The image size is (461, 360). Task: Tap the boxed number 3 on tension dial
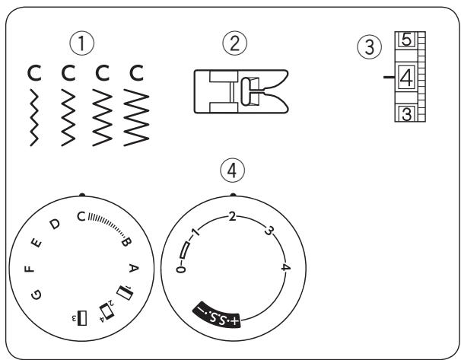coord(407,115)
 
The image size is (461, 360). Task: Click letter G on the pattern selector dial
coord(39,293)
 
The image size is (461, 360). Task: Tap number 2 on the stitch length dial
coord(232,217)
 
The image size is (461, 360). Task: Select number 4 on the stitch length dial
coord(284,267)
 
